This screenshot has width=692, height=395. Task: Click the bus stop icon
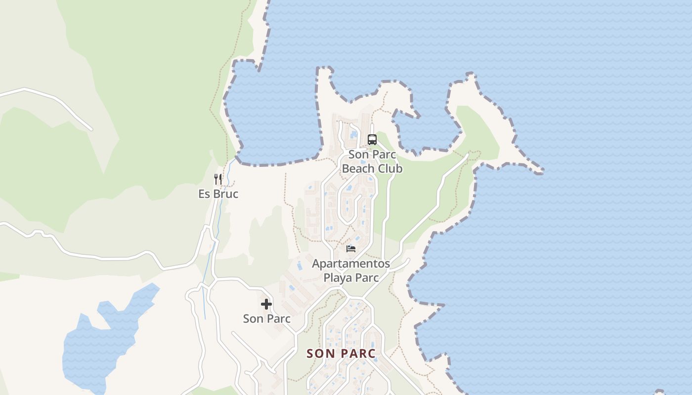pos(372,140)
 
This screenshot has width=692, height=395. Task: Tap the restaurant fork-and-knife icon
pos(218,179)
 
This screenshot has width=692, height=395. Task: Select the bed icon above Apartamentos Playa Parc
pos(351,248)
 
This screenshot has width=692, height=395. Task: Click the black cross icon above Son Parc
pos(266,304)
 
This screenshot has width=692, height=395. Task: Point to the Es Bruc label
pos(218,194)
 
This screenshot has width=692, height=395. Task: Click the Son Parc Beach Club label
pos(372,161)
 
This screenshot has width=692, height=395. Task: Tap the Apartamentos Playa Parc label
pos(351,271)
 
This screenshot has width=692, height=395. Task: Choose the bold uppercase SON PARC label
pos(341,354)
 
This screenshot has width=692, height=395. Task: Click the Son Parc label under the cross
pos(266,319)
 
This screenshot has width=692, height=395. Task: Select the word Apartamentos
pos(351,264)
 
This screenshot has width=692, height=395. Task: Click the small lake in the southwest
pos(99,341)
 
